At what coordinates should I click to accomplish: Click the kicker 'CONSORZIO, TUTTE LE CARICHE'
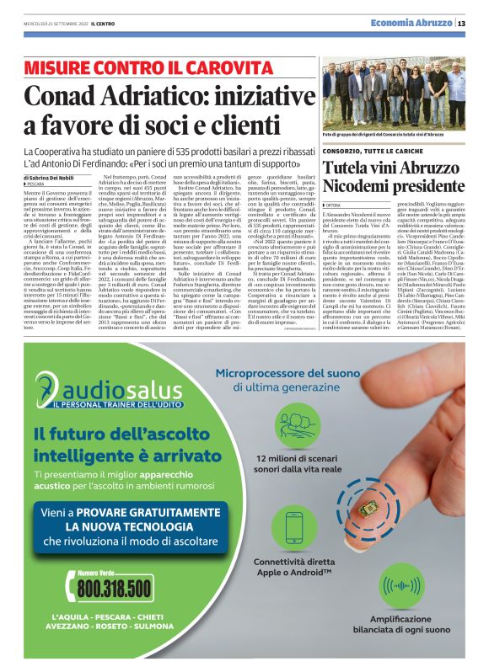(369, 150)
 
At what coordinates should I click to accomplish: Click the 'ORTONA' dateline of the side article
(335, 205)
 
